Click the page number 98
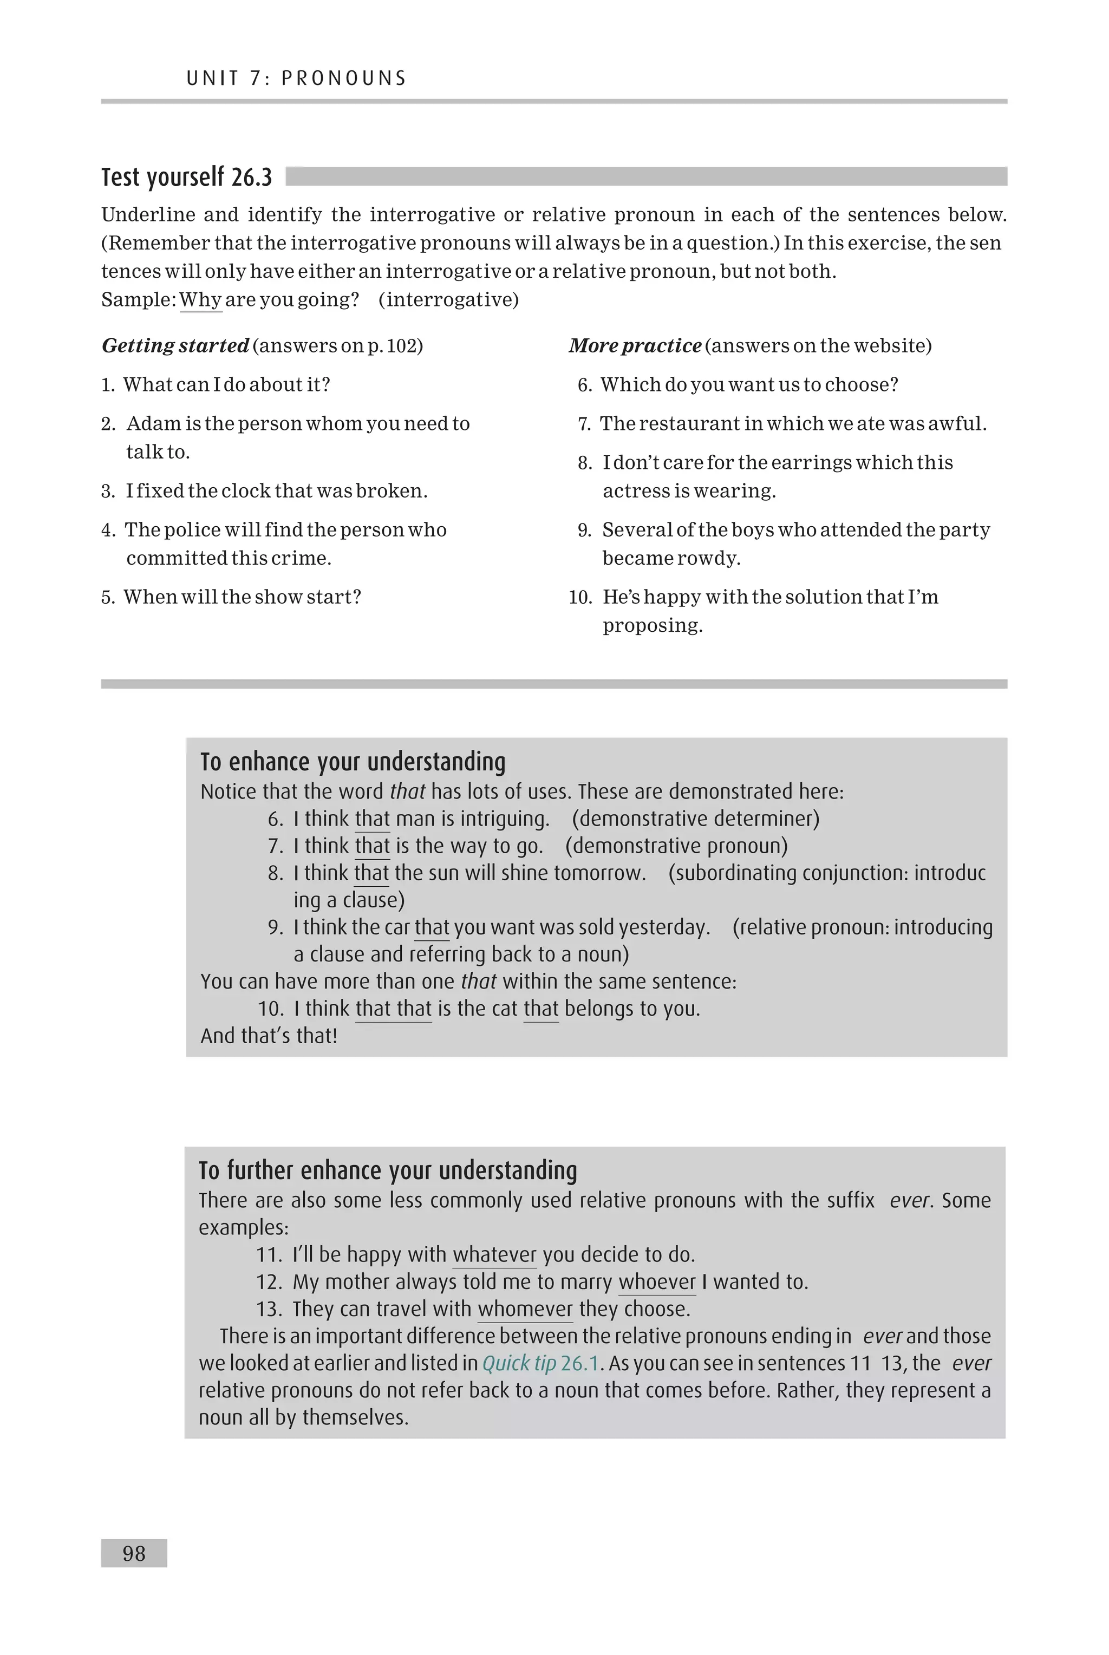pyautogui.click(x=134, y=1553)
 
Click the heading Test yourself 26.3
pyautogui.click(x=186, y=176)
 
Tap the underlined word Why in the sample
pyautogui.click(x=200, y=300)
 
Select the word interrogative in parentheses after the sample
pyautogui.click(x=448, y=300)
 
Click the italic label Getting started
pyautogui.click(x=175, y=346)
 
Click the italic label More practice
pyautogui.click(x=635, y=346)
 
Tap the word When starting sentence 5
pyautogui.click(x=149, y=597)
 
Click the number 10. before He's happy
pyautogui.click(x=580, y=597)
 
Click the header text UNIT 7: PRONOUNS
pyautogui.click(x=296, y=79)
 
